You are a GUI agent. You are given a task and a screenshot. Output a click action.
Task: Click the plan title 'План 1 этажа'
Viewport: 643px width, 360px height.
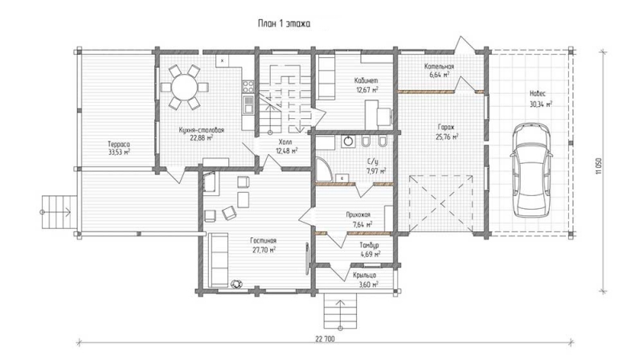coord(284,24)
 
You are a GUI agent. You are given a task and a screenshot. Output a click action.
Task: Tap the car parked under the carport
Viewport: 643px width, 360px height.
coord(531,170)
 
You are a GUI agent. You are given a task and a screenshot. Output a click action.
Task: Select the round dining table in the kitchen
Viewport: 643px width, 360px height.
coord(184,87)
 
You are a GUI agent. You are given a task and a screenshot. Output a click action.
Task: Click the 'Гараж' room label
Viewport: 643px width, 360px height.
coord(446,127)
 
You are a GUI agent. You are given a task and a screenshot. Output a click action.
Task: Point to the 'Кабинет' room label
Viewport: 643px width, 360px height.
coord(367,81)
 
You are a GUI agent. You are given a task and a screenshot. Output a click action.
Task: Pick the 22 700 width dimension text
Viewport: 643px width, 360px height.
coord(325,339)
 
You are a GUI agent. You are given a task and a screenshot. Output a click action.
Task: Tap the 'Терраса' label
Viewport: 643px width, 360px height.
coord(119,145)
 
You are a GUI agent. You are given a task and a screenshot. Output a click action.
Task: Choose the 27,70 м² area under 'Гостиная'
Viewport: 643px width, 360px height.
coord(264,249)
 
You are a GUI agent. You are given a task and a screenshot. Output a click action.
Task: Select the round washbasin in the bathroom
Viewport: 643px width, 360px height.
coord(348,141)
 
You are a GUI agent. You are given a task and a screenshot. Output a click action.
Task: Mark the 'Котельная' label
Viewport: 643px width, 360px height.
coord(439,67)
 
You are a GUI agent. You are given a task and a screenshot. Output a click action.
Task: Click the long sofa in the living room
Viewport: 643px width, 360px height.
coord(218,260)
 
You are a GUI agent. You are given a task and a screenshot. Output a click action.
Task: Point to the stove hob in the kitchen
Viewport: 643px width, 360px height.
coord(248,86)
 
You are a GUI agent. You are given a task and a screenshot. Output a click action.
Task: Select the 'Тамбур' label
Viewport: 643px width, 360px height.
coord(370,245)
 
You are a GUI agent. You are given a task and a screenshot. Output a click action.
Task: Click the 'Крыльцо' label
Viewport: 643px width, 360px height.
coord(365,275)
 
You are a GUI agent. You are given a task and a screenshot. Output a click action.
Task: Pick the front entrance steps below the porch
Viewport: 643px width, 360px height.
coord(340,311)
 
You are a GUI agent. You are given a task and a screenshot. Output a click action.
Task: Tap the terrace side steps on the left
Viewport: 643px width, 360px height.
coord(59,211)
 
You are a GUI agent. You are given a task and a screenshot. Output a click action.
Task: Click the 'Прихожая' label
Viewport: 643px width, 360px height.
coord(358,215)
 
